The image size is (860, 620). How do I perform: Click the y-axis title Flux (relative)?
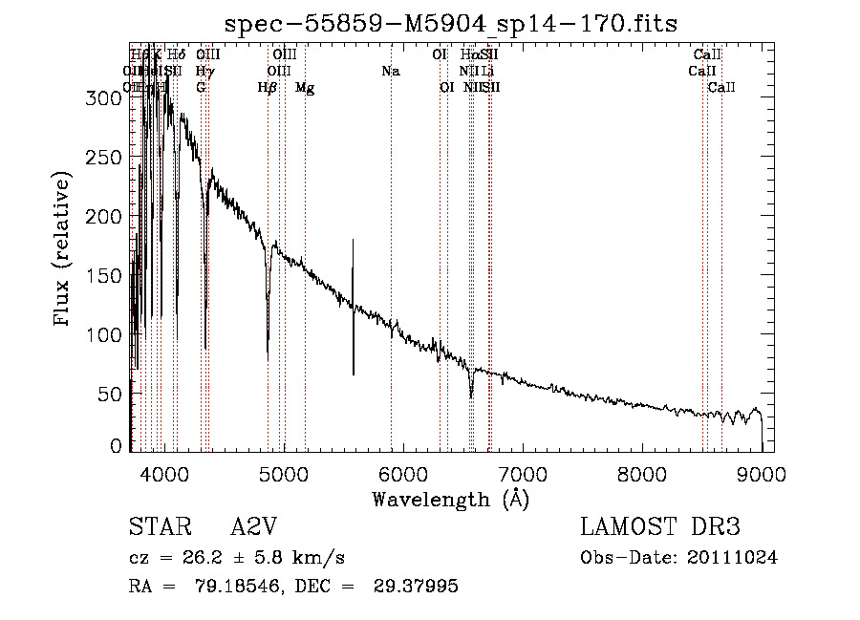[x=63, y=250]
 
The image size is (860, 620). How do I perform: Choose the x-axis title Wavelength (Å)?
[x=450, y=499]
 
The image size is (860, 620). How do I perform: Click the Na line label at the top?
[x=390, y=71]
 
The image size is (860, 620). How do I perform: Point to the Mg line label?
[x=305, y=88]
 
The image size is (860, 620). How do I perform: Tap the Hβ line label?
[x=268, y=88]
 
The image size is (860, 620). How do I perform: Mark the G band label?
[x=201, y=88]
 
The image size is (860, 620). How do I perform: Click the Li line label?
[x=488, y=71]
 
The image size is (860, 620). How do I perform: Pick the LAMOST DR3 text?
[x=660, y=528]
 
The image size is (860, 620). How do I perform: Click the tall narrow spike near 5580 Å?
[x=354, y=306]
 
